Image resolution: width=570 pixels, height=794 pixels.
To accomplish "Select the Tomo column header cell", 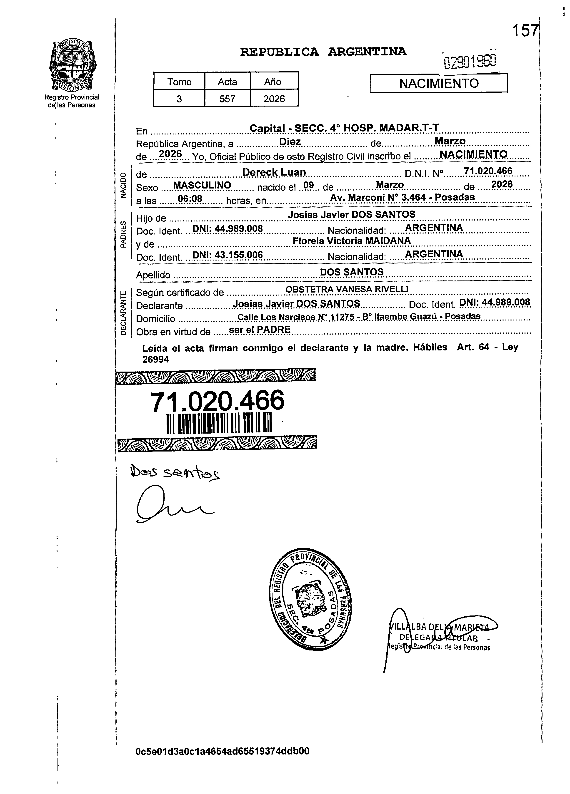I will pyautogui.click(x=179, y=82).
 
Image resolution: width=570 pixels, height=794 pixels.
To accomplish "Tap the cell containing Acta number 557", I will pyautogui.click(x=227, y=99).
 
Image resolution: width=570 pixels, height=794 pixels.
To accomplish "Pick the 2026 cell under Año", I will pyautogui.click(x=274, y=99).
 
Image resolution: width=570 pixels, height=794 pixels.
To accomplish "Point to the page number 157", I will pyautogui.click(x=525, y=31).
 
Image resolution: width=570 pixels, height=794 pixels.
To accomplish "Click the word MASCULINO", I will pyautogui.click(x=202, y=185).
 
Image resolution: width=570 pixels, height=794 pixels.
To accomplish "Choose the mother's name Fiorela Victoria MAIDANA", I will pyautogui.click(x=351, y=241).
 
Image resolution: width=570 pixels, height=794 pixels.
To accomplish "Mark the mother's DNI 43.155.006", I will pyautogui.click(x=228, y=255).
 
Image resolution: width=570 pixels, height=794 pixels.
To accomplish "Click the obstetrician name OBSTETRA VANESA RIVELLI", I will pyautogui.click(x=347, y=289).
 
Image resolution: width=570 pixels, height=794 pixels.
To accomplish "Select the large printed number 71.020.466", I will pyautogui.click(x=217, y=401).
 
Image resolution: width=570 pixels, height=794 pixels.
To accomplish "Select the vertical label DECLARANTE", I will pyautogui.click(x=123, y=313).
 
